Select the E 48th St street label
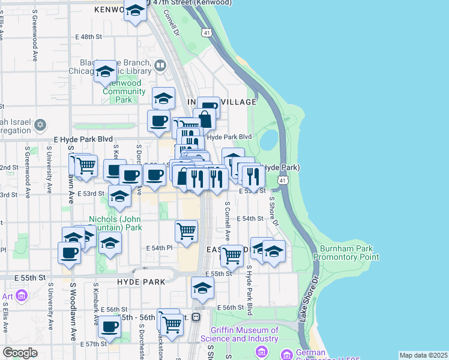(89, 37)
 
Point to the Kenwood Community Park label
(124, 91)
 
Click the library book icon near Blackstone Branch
(160, 65)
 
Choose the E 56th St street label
(231, 307)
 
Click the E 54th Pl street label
(159, 248)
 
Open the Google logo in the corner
(20, 353)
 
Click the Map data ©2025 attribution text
(423, 355)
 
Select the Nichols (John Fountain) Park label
(115, 223)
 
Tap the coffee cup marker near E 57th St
(109, 326)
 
